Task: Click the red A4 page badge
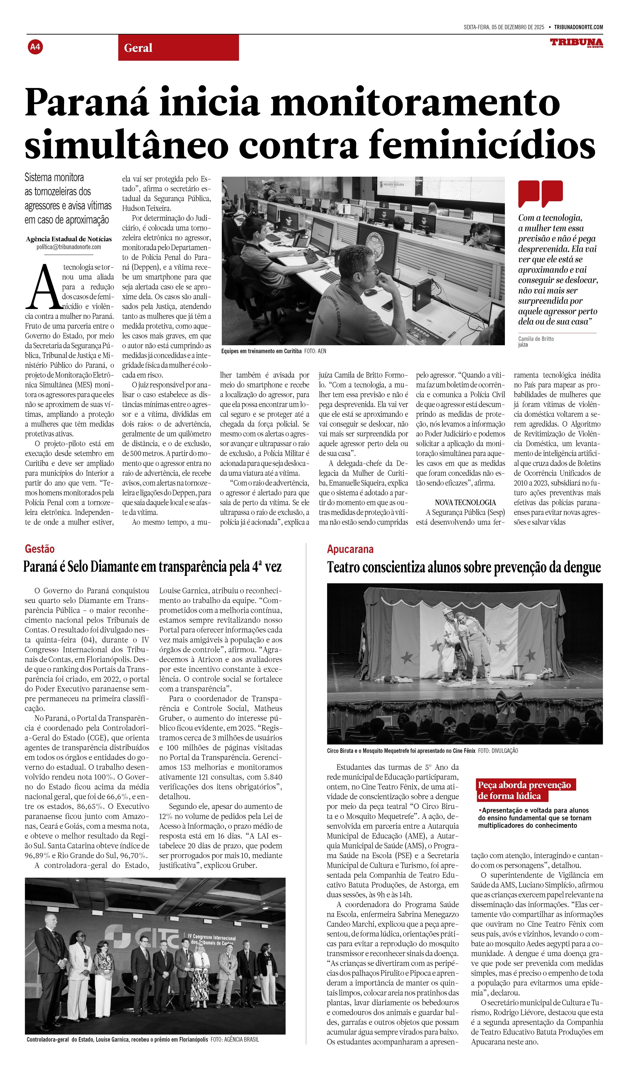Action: coord(35,47)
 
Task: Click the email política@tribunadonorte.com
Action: coord(69,247)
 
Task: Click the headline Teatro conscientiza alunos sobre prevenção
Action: coord(464,567)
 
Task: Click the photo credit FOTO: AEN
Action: coord(315,351)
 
